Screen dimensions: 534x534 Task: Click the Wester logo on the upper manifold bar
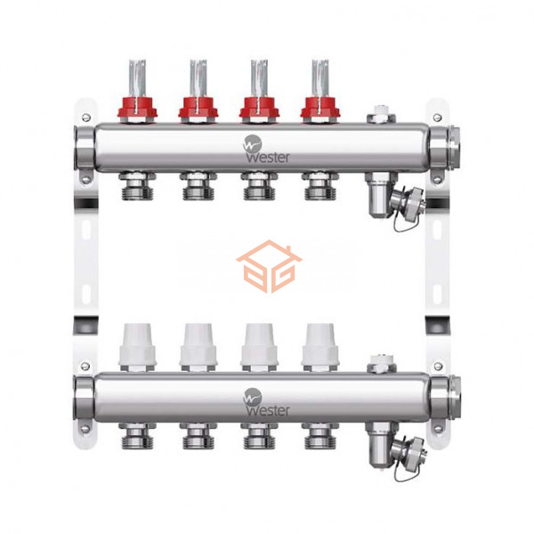tap(266, 149)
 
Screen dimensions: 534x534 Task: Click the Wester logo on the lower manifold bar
tap(266, 402)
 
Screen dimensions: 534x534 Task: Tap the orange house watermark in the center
tap(269, 266)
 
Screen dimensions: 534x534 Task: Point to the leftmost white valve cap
tap(137, 344)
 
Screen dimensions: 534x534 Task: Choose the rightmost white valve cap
tap(320, 344)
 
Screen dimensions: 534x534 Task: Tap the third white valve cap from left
tap(259, 344)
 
